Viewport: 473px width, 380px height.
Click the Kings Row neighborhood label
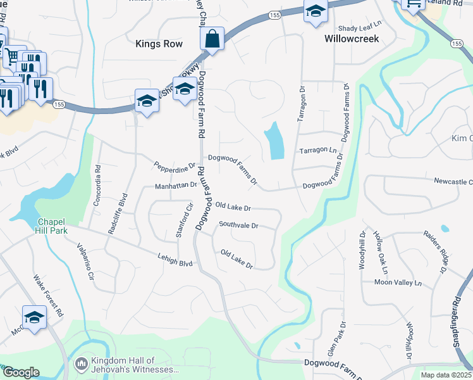click(159, 44)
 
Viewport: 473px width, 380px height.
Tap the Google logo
click(21, 372)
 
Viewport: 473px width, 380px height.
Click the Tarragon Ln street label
click(317, 151)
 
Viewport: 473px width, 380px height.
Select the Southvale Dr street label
click(239, 225)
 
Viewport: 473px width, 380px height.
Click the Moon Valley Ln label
click(398, 282)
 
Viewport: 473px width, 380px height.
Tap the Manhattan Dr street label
click(176, 186)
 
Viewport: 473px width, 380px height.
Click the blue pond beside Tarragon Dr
click(274, 141)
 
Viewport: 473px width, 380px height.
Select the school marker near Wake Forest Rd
click(35, 319)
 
